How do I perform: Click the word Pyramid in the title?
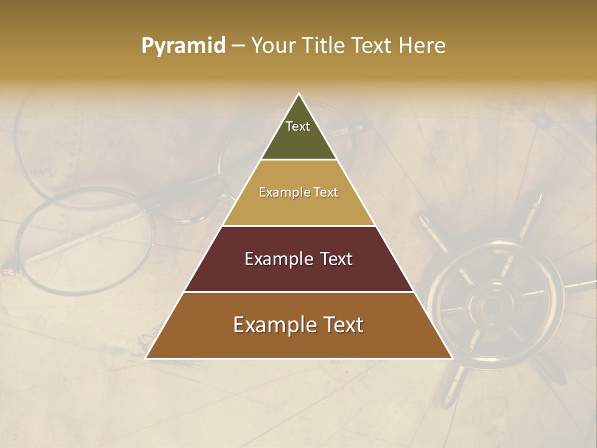click(183, 45)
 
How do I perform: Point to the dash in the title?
click(238, 46)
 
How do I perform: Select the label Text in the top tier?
click(298, 126)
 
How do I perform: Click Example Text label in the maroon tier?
click(298, 259)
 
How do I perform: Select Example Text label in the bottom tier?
click(298, 325)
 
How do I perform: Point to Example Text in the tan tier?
click(298, 192)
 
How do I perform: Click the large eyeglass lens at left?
click(84, 240)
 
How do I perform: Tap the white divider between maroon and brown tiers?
click(298, 292)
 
